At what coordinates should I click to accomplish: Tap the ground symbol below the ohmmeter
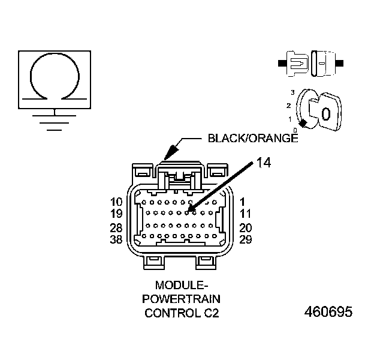point(55,119)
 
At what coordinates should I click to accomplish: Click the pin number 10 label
point(117,202)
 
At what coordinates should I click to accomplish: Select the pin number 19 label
point(117,214)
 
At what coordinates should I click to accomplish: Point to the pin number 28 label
point(117,228)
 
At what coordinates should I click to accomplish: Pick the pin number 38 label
point(117,239)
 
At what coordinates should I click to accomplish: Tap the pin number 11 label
point(245,214)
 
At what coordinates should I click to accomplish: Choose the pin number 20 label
point(246,228)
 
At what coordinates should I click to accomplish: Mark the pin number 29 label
point(246,239)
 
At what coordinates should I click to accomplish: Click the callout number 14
point(264,162)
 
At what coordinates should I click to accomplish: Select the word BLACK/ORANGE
point(252,139)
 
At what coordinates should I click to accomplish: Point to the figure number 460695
point(328,313)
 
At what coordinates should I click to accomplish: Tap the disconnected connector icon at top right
point(310,62)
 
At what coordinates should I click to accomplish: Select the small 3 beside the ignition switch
point(292,92)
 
